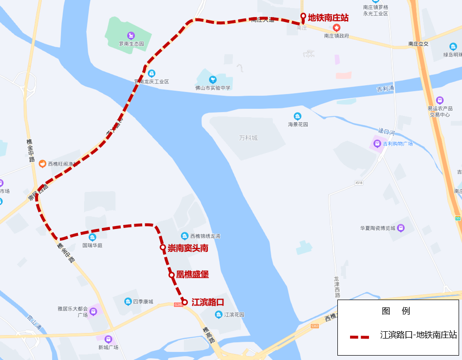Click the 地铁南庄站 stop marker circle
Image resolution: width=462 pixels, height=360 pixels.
coord(303,17)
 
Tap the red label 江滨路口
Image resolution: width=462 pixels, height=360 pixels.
coord(207,303)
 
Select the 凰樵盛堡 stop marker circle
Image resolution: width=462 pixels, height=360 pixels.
coord(172,275)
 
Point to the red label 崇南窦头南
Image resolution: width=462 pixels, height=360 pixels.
coord(188,248)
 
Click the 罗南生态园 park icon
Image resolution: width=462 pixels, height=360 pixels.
coord(131,35)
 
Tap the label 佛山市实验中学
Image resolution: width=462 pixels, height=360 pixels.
coord(213,88)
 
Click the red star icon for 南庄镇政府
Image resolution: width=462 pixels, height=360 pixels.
coord(336,27)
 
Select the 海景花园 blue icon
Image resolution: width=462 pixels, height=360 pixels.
coord(297,116)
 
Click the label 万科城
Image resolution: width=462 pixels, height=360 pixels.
coord(248,138)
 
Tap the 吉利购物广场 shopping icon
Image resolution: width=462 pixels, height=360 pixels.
coord(376,144)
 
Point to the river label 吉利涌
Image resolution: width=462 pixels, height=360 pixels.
coord(385,89)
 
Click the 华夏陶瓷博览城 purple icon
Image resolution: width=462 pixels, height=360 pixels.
coord(401,227)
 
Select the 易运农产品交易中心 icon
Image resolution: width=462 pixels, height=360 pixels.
coord(440,100)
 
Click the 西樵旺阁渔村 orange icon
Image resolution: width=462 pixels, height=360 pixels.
coord(42,164)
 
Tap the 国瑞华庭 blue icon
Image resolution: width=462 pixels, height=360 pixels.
coord(92,237)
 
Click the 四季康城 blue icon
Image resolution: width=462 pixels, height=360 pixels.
coord(128,302)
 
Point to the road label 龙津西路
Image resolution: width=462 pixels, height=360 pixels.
coord(337,287)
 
